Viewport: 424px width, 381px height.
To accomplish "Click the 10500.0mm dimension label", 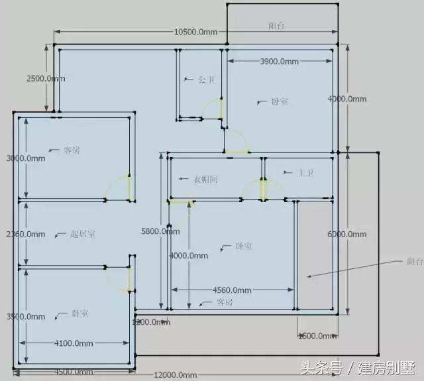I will [x=195, y=32].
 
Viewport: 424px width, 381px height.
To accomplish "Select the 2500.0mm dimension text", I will [x=46, y=78].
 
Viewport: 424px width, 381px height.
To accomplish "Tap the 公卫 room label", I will [x=207, y=80].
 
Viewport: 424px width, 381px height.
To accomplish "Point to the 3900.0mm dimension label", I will [x=278, y=62].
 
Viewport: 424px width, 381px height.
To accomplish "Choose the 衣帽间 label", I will [x=205, y=179].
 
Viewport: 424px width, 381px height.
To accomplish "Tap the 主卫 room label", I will [x=305, y=173].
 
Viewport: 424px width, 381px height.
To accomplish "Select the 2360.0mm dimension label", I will [x=25, y=234].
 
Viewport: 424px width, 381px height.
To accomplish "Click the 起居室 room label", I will [x=83, y=234].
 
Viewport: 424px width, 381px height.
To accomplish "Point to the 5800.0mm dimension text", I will [x=160, y=231].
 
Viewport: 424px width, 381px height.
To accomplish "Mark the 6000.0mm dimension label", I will [x=346, y=235].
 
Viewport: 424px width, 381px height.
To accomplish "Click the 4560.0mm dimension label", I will [x=232, y=290].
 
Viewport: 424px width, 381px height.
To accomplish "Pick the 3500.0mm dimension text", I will [x=25, y=317].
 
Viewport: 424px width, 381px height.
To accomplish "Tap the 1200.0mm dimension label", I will [x=151, y=322].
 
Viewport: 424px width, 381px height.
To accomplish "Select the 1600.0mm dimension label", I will [x=316, y=336].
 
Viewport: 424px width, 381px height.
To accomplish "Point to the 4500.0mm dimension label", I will [x=74, y=372].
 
